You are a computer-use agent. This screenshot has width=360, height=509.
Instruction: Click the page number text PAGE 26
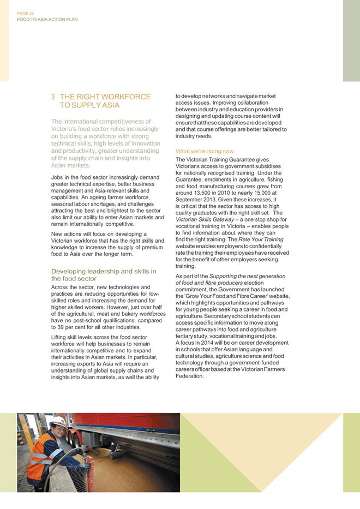25,14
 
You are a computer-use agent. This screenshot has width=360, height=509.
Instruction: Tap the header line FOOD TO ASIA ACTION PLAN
47,20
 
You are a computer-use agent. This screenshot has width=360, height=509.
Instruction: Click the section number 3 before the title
53,97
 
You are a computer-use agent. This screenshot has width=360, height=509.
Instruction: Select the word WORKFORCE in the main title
128,97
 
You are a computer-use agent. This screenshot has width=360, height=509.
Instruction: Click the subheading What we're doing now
205,151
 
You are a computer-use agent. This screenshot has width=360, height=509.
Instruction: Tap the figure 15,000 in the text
262,193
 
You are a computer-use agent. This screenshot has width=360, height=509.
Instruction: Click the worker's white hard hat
58,422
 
